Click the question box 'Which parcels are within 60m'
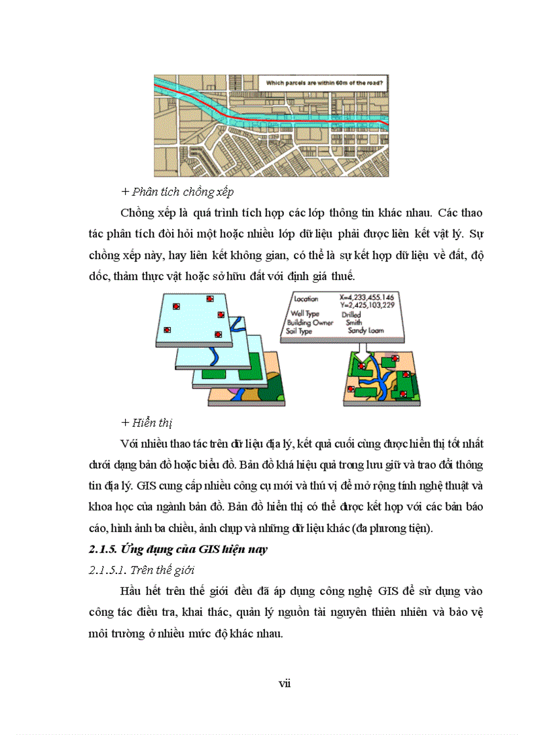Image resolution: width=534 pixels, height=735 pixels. tap(321, 83)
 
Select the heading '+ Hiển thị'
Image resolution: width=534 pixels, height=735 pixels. tap(147, 423)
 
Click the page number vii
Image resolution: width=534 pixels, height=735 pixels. tap(284, 683)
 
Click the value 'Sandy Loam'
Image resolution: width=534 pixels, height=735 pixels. tap(369, 331)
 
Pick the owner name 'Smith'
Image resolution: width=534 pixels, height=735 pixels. tap(354, 322)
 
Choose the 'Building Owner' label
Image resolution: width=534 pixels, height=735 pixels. tap(308, 323)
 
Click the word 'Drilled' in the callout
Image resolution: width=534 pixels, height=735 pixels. tap(351, 314)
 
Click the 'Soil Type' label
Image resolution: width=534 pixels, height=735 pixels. tap(299, 331)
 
